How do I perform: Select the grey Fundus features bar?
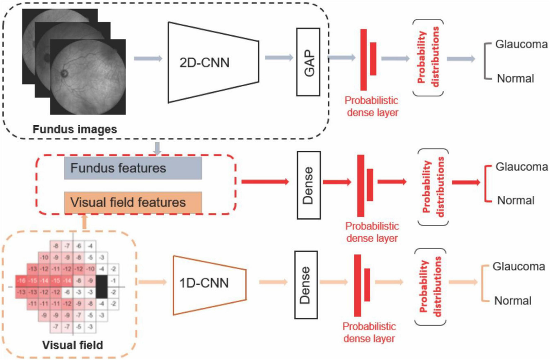click(133, 168)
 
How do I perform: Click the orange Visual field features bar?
click(133, 202)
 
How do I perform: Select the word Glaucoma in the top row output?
click(522, 44)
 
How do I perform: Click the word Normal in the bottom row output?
click(512, 301)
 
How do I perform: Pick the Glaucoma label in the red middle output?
click(522, 166)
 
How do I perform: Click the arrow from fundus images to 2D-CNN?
click(148, 58)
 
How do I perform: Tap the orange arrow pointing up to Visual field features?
click(84, 222)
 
